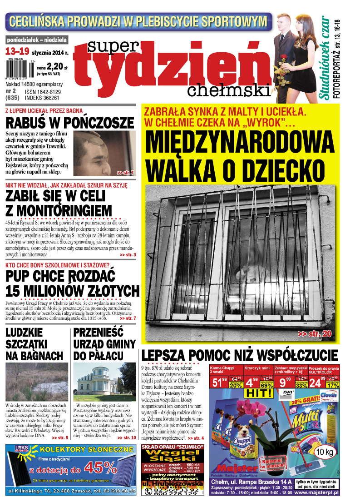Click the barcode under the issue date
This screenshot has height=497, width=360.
click(x=18, y=68)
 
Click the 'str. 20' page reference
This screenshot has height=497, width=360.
click(x=315, y=334)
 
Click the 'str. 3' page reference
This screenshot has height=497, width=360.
click(x=128, y=255)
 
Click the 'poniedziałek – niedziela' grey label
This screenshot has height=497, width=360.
click(x=37, y=40)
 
